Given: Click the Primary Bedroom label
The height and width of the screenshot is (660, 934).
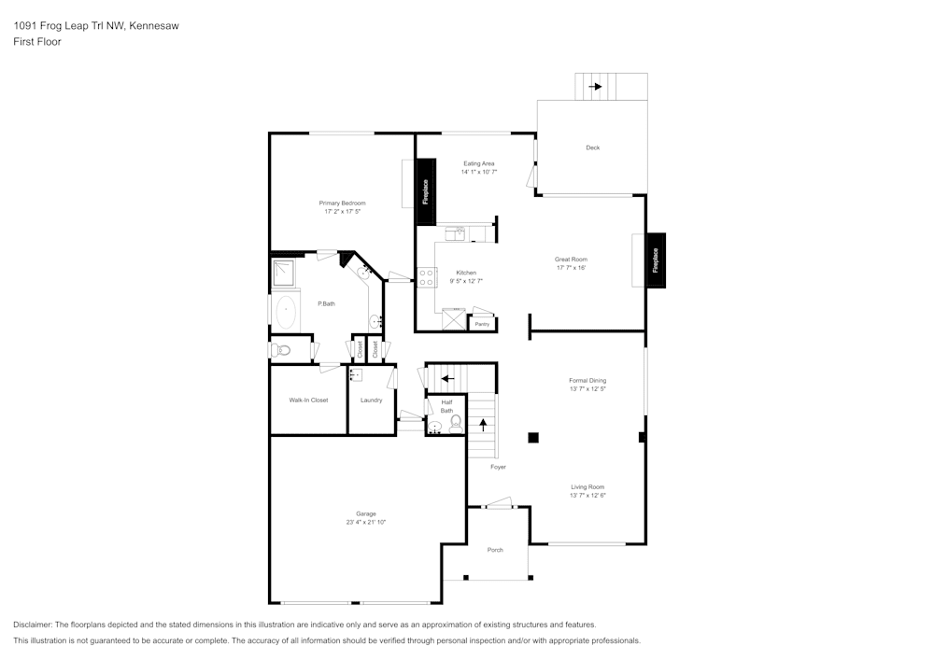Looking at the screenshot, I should tap(342, 203).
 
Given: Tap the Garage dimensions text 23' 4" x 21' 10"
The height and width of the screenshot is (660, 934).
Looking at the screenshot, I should tap(365, 522).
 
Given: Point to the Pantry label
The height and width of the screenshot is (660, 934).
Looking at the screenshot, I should tap(482, 324).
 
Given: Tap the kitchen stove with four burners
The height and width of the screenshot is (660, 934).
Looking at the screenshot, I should tap(425, 276).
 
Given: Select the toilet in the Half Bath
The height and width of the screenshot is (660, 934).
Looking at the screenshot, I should tap(456, 424).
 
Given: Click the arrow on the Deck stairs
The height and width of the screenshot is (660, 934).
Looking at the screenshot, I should tap(594, 86).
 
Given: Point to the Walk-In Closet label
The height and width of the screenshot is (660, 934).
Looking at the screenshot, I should tap(308, 400).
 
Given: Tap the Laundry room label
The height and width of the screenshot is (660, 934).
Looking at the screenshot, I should tap(371, 400).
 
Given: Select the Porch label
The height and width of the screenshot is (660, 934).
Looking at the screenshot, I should tap(495, 550).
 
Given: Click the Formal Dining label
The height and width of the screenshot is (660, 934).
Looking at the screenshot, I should tap(587, 380).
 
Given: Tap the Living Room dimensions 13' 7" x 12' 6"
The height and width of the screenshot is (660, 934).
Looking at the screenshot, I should tap(587, 496).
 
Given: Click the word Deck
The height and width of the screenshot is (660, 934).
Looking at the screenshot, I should tap(592, 147).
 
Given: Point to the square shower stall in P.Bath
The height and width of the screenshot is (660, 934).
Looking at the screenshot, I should tap(283, 272).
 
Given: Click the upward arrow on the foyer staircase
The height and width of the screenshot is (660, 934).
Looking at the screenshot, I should tap(483, 423).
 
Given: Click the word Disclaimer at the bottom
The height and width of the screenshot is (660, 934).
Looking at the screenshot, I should tap(33, 625).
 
